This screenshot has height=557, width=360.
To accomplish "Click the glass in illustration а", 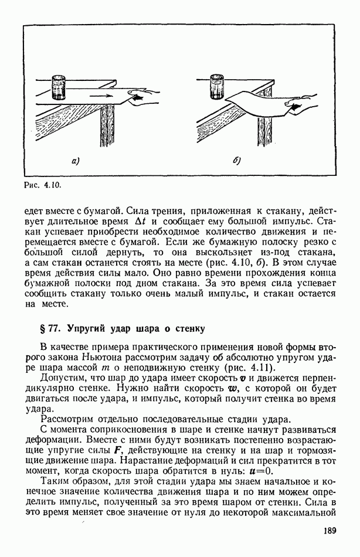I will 59,87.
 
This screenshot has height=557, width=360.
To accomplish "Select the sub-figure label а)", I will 75,160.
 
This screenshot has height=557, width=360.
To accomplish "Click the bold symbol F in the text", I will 156,450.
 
